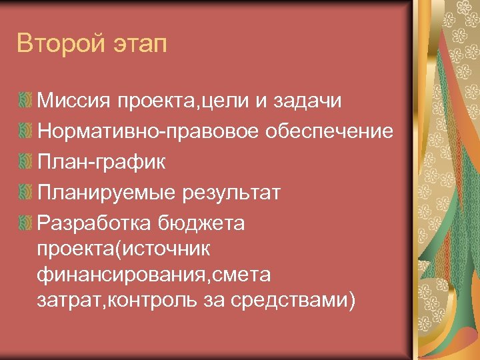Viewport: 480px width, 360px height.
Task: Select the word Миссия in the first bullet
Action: pos(73,101)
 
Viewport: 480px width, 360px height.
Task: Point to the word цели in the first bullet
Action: pos(232,102)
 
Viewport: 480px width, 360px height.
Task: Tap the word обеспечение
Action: pos(330,132)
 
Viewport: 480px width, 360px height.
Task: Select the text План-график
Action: pos(101,162)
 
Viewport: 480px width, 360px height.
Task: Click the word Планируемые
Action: pos(105,193)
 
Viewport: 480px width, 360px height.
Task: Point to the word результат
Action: pos(230,193)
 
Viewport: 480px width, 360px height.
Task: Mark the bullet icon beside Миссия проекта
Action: pos(26,101)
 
